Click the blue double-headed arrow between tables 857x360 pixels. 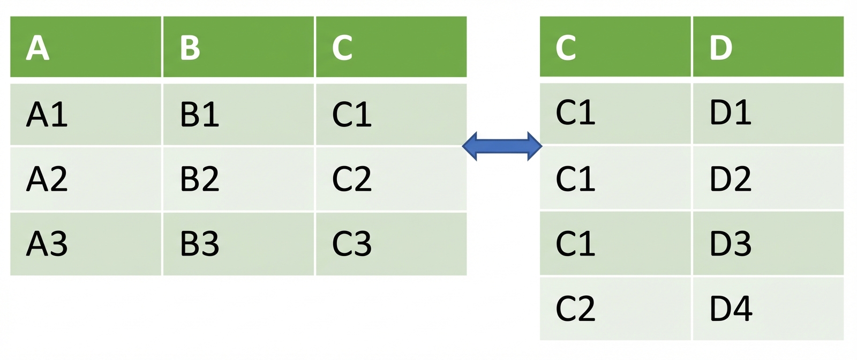point(502,146)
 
